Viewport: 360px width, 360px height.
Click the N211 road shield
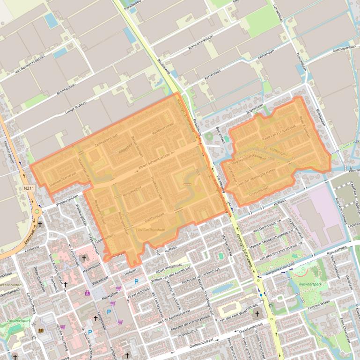coord(29,188)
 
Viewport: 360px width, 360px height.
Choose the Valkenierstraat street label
coord(163,129)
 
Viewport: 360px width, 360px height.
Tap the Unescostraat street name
coord(258,190)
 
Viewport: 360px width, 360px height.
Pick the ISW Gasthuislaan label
coord(151,230)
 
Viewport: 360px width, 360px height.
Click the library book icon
coord(41,331)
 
